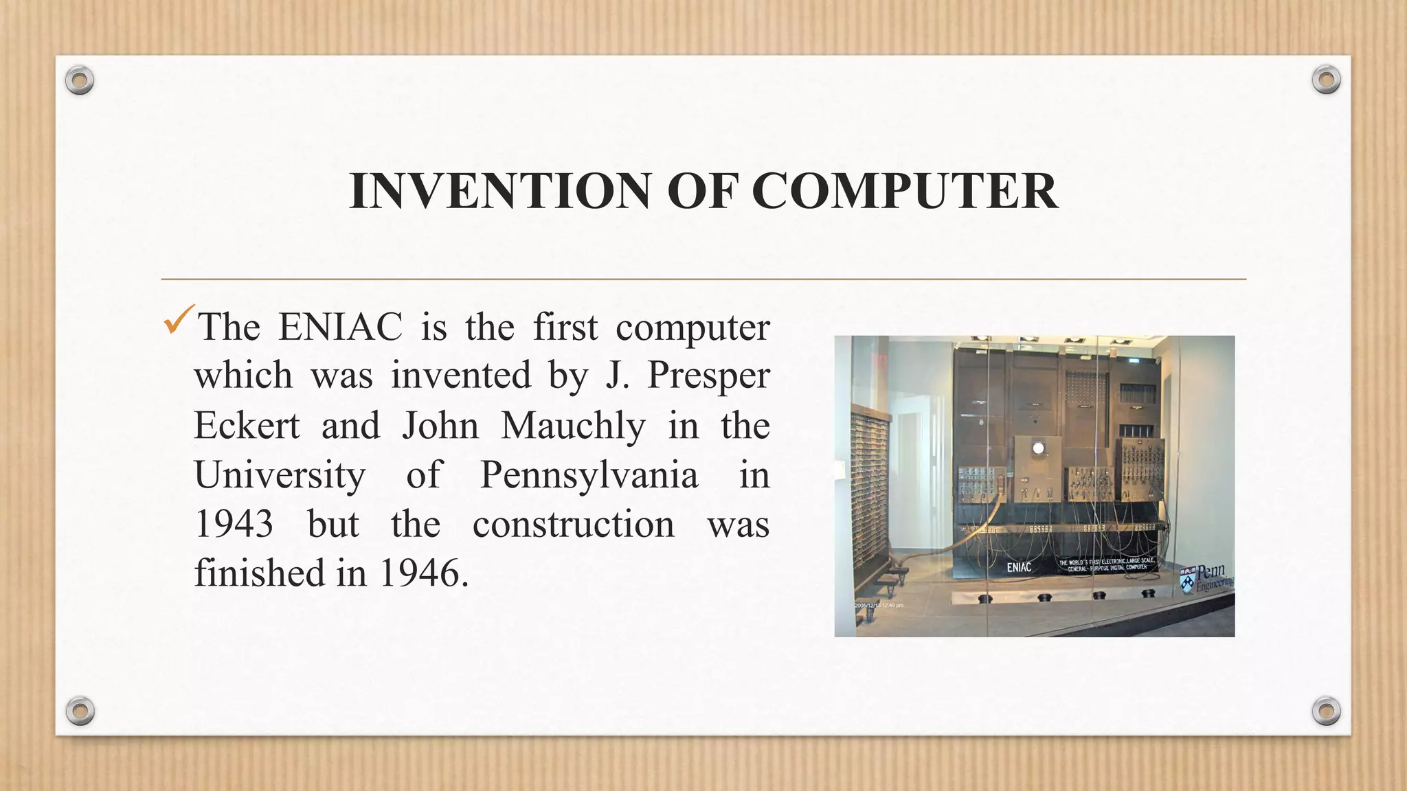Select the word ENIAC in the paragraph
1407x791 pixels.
pos(340,327)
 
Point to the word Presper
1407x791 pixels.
pos(708,376)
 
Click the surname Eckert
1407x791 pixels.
pos(247,426)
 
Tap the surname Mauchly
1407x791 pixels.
pos(573,426)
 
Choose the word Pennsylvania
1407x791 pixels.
pos(589,475)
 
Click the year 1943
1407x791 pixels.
pos(234,525)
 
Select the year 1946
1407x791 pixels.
pos(418,573)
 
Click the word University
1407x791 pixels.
pos(280,475)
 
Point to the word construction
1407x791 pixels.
pos(573,525)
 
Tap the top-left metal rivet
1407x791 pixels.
pos(80,81)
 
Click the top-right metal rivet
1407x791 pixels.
pos(1326,80)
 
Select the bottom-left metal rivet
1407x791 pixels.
pos(80,711)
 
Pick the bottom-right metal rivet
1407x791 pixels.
pos(1326,711)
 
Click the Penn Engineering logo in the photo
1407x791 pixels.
pos(1207,578)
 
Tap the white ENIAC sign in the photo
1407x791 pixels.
pos(1019,567)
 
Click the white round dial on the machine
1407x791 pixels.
pos(1038,448)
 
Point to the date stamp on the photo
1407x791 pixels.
pos(879,605)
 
